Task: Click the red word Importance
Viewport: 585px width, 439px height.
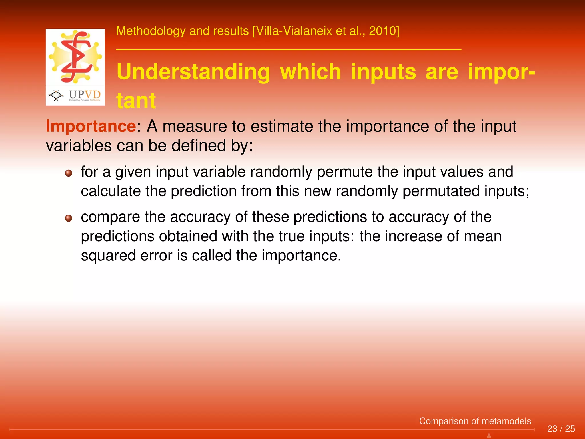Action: click(x=91, y=126)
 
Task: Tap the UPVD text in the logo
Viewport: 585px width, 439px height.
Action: click(x=85, y=95)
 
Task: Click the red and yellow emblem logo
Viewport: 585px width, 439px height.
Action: click(x=75, y=56)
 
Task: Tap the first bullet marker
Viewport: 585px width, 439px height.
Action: click(x=69, y=173)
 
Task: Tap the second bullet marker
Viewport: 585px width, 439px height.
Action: click(x=69, y=218)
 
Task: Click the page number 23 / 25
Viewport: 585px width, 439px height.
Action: click(x=561, y=429)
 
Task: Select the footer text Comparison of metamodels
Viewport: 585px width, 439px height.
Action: click(x=475, y=421)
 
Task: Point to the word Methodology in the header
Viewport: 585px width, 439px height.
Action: click(x=151, y=31)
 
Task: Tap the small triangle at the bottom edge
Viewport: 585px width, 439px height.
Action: click(x=489, y=435)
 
